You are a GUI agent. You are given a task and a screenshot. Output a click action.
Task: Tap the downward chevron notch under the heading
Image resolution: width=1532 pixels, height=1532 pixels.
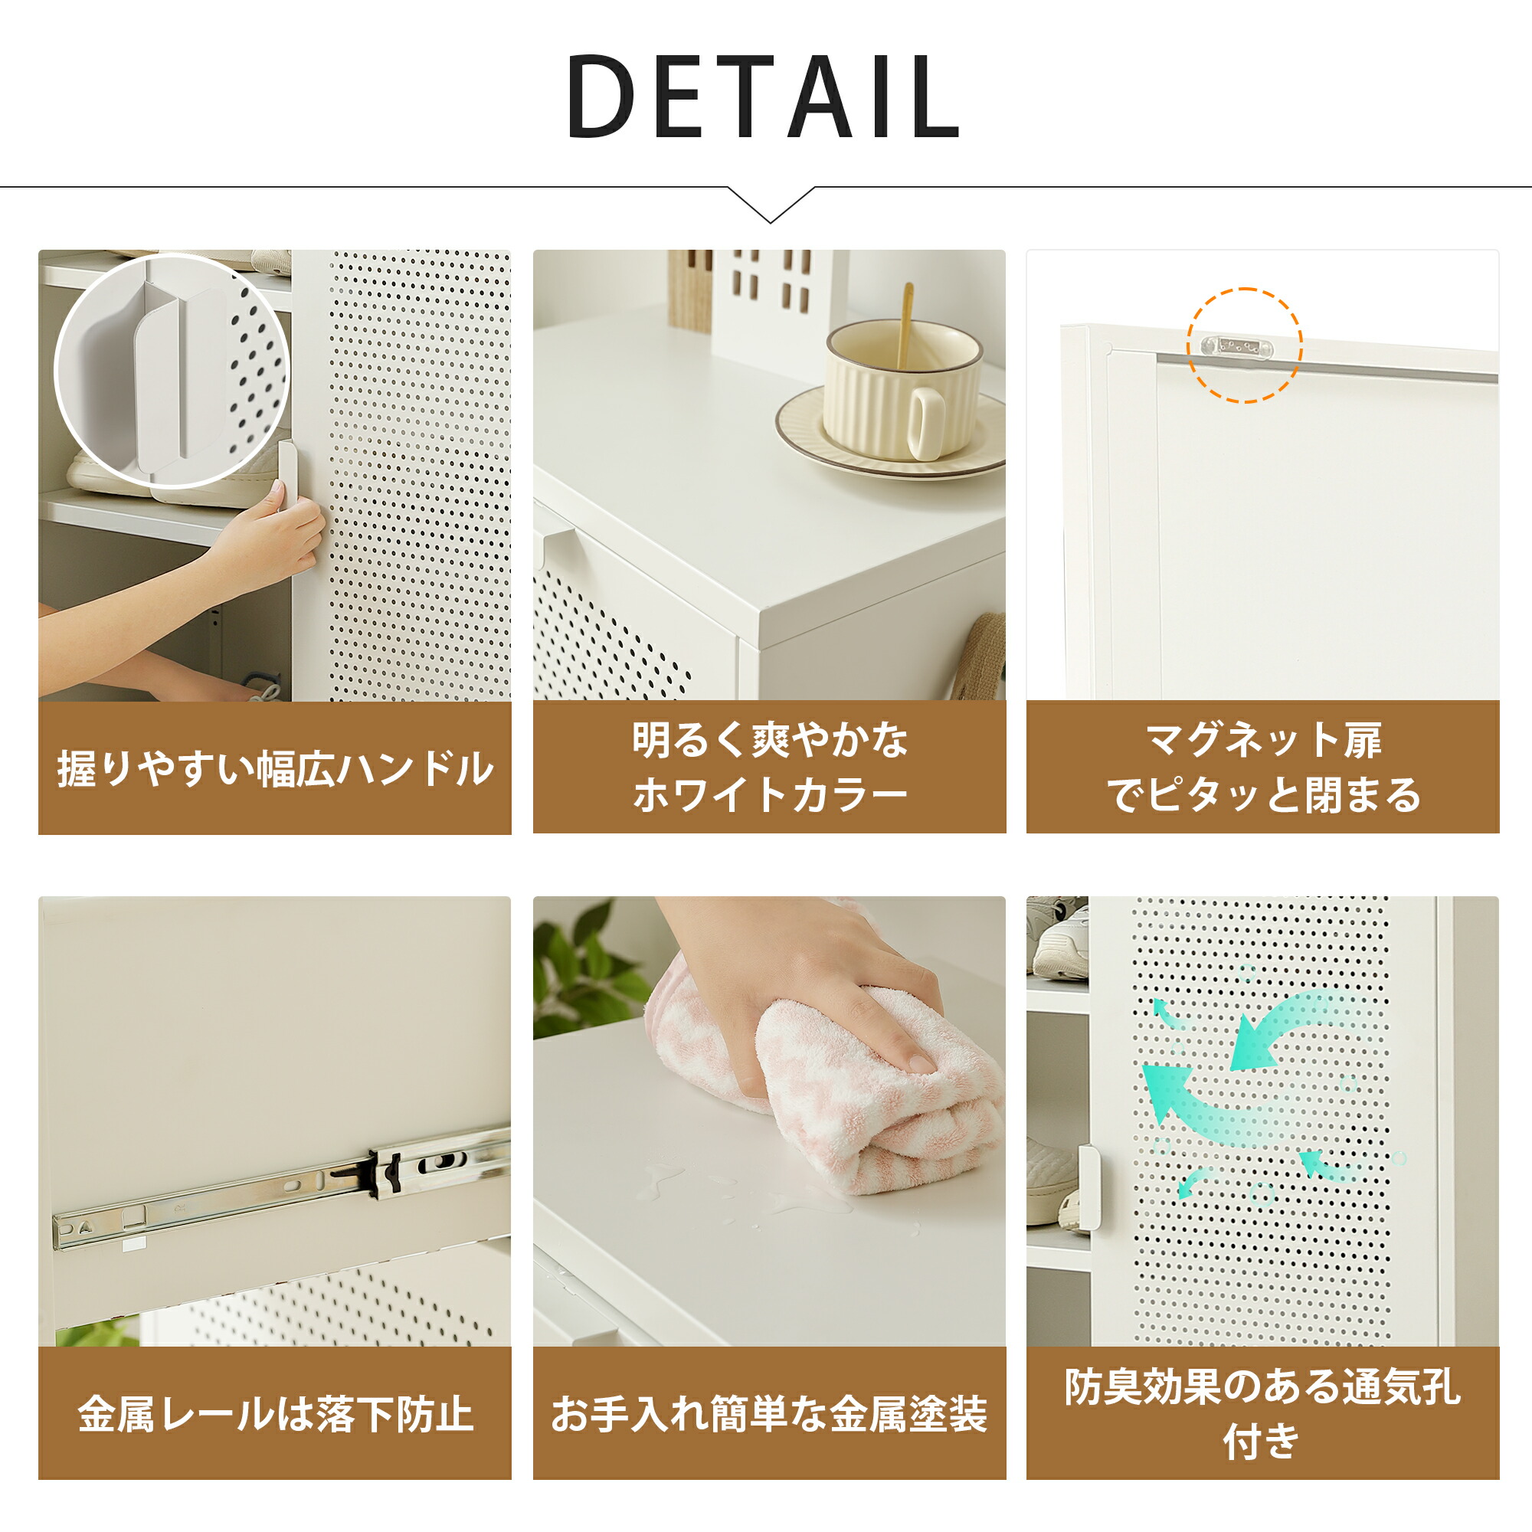point(770,208)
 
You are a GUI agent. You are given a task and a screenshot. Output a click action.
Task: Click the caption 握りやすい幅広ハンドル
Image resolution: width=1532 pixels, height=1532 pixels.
point(274,768)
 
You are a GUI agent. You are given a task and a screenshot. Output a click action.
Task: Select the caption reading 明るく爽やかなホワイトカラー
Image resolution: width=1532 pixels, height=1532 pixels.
point(769,767)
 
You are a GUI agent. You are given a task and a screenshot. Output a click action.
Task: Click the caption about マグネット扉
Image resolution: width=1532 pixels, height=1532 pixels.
point(1262,767)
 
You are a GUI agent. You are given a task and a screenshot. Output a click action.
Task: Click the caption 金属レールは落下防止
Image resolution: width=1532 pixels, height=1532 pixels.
point(274,1414)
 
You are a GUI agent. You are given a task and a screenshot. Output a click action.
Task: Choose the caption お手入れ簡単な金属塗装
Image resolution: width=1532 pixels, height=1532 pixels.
point(769,1414)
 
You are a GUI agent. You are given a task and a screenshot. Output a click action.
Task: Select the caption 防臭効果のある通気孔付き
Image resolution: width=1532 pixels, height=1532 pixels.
point(1262,1414)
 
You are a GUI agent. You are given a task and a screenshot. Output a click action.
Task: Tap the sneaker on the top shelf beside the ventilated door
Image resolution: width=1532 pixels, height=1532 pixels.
point(1059,940)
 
